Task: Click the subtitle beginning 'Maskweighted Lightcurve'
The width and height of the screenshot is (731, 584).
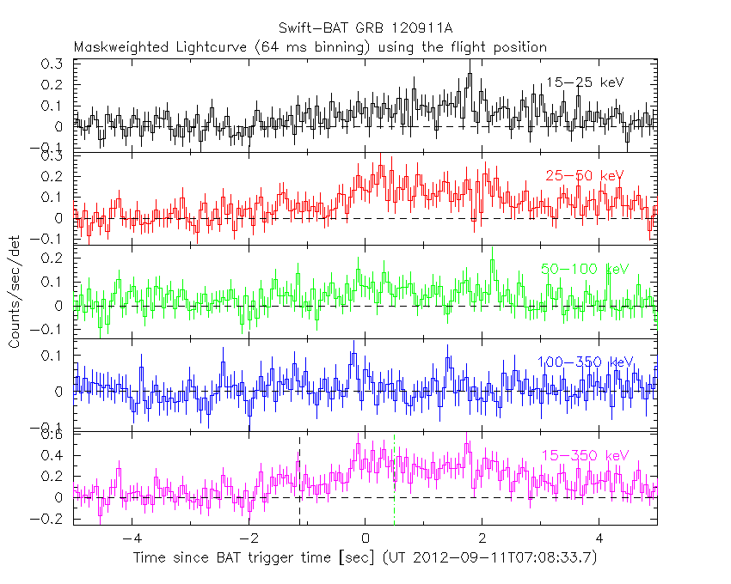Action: tap(310, 47)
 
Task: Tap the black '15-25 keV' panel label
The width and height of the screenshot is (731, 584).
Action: tap(584, 82)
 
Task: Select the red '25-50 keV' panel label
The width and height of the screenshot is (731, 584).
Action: tap(584, 176)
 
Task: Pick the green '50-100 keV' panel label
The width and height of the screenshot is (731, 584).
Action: tap(585, 269)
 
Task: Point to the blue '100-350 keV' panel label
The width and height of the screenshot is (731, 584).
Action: tap(585, 362)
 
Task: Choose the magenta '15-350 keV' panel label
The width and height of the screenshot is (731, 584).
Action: tap(585, 455)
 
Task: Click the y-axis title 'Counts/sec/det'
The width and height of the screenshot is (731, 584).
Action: tap(15, 292)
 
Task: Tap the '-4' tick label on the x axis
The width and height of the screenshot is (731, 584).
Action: tap(131, 540)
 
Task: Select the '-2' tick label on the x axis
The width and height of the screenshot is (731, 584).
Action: tap(248, 540)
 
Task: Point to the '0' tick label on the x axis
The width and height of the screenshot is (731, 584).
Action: tap(365, 540)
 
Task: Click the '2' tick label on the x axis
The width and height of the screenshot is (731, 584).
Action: tap(482, 540)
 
